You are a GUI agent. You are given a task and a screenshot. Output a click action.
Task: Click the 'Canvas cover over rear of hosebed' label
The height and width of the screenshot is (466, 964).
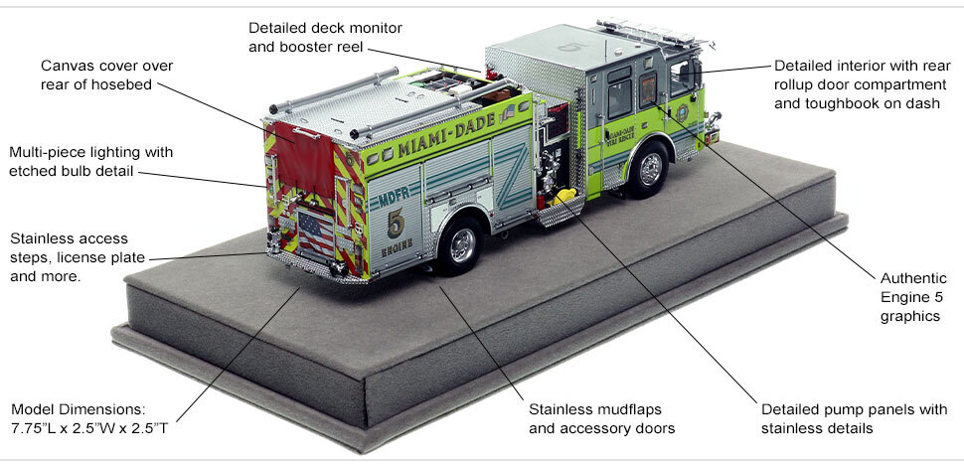93,75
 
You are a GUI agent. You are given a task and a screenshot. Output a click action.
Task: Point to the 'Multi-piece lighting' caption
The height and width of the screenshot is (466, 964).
90,162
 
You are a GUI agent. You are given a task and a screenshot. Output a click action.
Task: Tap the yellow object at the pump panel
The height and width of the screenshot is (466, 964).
563,195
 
